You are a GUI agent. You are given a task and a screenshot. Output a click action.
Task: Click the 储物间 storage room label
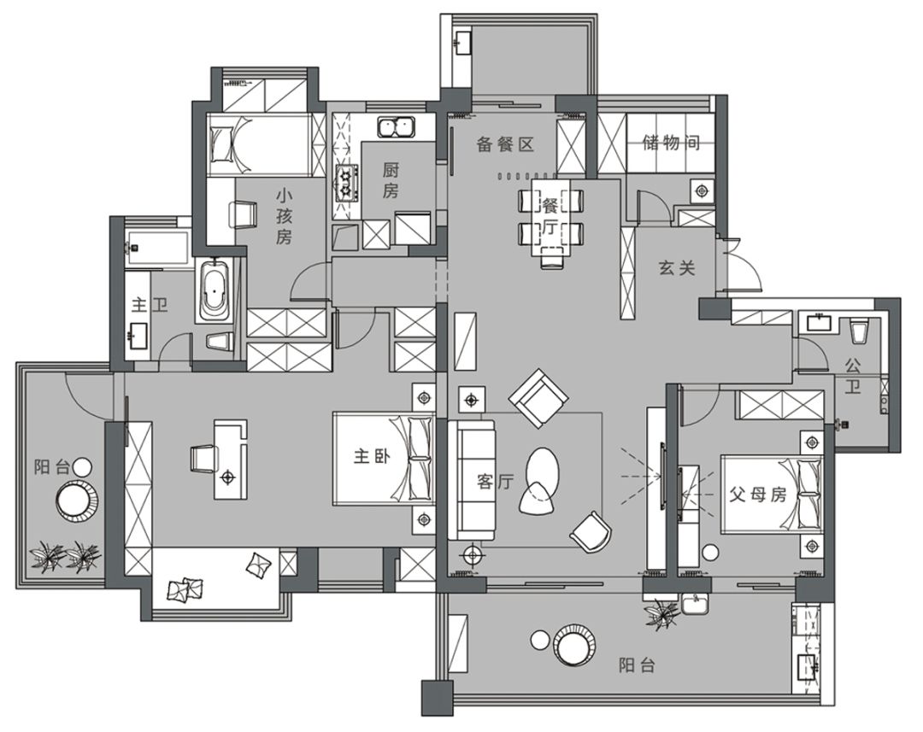671,143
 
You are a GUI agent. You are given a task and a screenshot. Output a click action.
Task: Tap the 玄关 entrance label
677,268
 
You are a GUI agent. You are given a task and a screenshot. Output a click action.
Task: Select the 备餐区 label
505,144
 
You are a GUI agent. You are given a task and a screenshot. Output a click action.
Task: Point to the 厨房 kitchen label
391,180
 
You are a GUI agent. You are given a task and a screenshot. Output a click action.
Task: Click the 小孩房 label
284,215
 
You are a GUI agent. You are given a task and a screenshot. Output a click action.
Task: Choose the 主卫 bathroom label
150,305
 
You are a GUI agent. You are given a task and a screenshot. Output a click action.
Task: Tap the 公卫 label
853,377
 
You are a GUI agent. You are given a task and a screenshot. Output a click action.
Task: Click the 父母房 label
757,494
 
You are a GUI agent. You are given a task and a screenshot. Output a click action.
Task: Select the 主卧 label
372,456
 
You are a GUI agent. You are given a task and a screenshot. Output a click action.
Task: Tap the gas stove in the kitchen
347,184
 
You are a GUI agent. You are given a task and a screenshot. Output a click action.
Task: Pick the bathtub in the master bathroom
214,290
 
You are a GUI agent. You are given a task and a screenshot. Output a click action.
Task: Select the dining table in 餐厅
551,218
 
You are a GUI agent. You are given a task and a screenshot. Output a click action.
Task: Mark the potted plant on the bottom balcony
661,614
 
